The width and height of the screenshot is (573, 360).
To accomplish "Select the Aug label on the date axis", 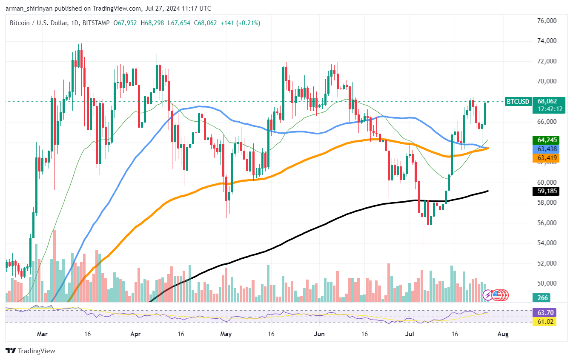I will [x=503, y=334].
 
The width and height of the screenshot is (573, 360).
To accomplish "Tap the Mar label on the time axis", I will [x=42, y=334].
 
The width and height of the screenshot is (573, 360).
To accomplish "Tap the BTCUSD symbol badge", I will [x=518, y=101].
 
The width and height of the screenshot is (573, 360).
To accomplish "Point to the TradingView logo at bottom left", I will [x=31, y=351].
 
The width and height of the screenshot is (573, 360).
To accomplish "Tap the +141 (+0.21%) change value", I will [x=240, y=23].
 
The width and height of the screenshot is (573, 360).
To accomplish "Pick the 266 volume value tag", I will [x=543, y=297].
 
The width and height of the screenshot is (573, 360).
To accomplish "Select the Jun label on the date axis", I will [x=319, y=334].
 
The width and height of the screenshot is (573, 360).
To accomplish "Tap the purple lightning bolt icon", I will [x=488, y=294].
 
